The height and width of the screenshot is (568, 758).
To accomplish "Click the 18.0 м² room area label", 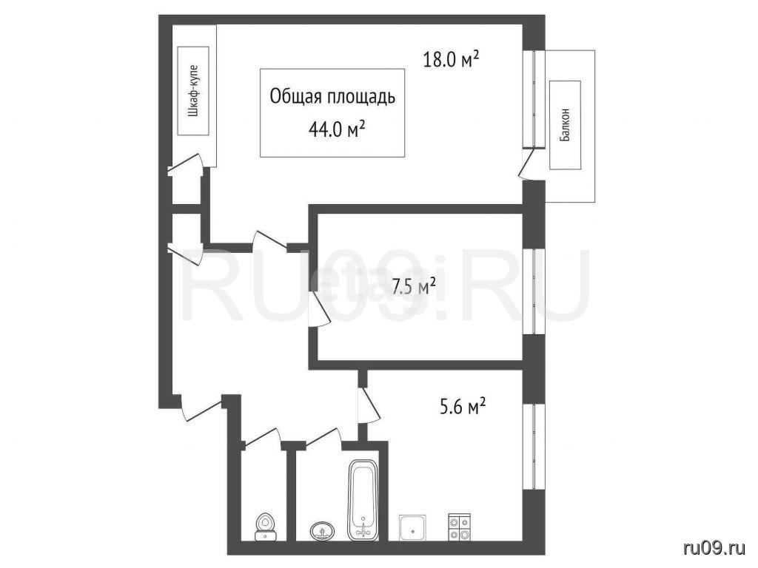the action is (x=451, y=60).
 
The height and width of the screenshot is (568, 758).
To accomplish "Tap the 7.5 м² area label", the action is (x=413, y=287).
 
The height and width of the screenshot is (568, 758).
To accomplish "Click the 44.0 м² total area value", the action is (x=337, y=129).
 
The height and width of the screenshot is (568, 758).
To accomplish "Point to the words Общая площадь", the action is (x=332, y=97).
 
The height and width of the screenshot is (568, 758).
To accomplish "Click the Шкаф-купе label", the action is (x=193, y=91).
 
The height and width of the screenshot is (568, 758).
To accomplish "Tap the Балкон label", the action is (x=565, y=124).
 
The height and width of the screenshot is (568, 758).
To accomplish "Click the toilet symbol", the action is (x=265, y=527).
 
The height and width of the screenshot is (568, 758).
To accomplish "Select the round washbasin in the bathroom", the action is (x=321, y=531).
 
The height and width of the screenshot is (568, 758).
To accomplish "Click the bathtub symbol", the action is (x=363, y=501).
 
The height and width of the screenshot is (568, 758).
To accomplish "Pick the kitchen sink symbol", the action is (x=412, y=528).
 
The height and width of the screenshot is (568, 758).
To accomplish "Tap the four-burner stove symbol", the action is (x=459, y=527).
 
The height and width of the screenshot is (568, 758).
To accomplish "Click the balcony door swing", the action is (x=527, y=163).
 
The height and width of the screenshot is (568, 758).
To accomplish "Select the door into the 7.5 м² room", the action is (x=319, y=308).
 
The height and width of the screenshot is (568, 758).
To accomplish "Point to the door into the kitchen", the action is (x=369, y=406).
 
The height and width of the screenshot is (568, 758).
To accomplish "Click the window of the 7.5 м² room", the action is (x=534, y=291).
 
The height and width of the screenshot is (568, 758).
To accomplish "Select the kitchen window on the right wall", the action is (x=534, y=446).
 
